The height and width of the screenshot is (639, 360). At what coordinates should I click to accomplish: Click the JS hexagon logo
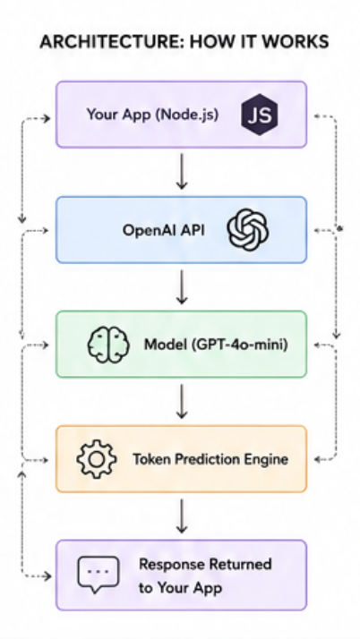[x=260, y=115]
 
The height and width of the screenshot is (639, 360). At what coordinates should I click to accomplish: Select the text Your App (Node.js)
[x=152, y=115]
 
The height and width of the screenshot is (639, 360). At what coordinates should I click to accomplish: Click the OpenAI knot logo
[x=248, y=229]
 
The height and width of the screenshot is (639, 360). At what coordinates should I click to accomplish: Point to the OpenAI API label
[x=164, y=230]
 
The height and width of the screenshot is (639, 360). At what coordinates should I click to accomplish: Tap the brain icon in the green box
[x=108, y=345]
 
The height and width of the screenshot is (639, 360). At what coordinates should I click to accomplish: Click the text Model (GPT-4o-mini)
[x=216, y=345]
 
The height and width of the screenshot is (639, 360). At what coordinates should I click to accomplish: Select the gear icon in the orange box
[x=97, y=459]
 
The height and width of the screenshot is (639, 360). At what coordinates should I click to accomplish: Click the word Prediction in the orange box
[x=210, y=459]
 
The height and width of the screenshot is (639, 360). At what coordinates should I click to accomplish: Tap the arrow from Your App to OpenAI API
[x=182, y=171]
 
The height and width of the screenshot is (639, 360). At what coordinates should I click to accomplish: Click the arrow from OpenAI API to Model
[x=182, y=287]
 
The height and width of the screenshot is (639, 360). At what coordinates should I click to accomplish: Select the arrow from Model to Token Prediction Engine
[x=182, y=402]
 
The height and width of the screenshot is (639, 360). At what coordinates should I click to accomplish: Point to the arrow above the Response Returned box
[x=182, y=516]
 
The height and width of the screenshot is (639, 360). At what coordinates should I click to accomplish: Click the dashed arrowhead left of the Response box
[x=48, y=576]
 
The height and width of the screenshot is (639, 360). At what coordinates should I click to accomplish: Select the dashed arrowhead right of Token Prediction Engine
[x=319, y=460]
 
